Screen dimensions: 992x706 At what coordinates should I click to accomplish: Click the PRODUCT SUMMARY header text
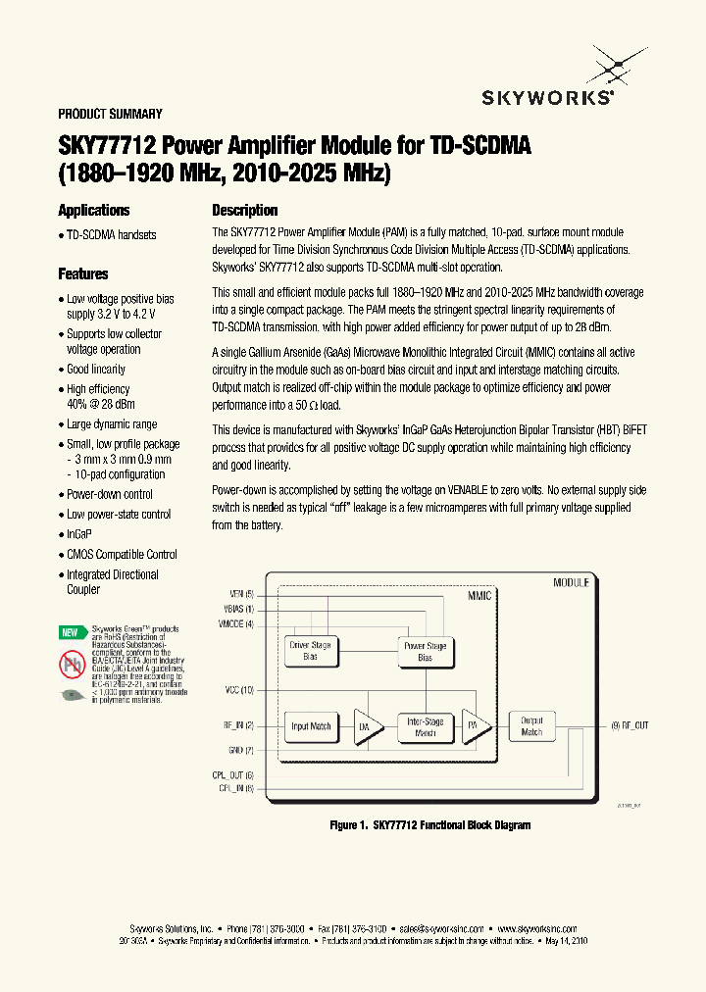pos(110,114)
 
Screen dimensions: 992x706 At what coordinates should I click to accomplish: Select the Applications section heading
pos(93,211)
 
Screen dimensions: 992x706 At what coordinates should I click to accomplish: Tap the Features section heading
pos(82,274)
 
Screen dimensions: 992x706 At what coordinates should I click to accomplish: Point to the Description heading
pos(245,211)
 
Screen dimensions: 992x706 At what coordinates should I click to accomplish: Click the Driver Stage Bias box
pos(311,651)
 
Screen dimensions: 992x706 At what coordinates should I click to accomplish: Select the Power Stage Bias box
pos(425,651)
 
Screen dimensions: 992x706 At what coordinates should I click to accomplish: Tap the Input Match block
pos(311,726)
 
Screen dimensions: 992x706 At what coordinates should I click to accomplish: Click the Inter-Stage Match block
pos(425,726)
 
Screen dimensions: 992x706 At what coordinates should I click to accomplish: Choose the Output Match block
pos(531,726)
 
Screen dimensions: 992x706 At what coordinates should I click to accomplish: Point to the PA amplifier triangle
pos(476,726)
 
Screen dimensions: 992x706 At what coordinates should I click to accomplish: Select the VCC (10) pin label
pos(238,691)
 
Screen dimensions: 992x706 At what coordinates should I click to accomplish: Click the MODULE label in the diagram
pos(571,582)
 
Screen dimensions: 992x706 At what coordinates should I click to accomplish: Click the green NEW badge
pos(70,632)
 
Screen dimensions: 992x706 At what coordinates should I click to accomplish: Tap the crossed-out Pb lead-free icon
pos(71,665)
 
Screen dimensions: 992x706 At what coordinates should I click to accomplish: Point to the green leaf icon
pos(71,695)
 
